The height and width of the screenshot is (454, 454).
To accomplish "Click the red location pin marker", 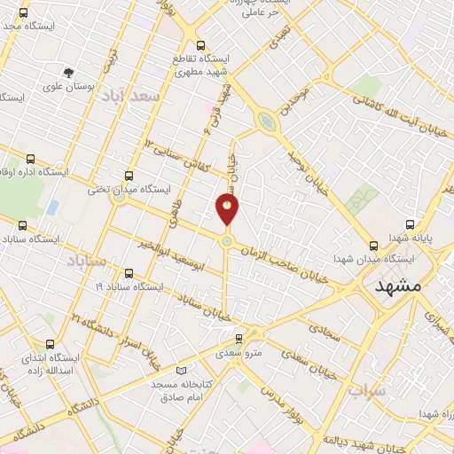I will tap(227, 209).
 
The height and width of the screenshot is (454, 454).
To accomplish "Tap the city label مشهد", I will tap(402, 287).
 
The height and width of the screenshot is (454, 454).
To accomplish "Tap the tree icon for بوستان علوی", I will tap(68, 73).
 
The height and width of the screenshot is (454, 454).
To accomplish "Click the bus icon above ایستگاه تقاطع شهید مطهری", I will tap(200, 45).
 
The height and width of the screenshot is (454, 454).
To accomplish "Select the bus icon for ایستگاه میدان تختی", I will tap(129, 176).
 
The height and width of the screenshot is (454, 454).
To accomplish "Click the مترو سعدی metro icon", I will tap(239, 338).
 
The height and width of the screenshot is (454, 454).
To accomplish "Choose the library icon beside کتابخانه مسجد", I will tap(182, 370).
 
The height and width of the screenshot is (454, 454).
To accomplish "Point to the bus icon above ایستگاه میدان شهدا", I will tap(373, 246).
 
